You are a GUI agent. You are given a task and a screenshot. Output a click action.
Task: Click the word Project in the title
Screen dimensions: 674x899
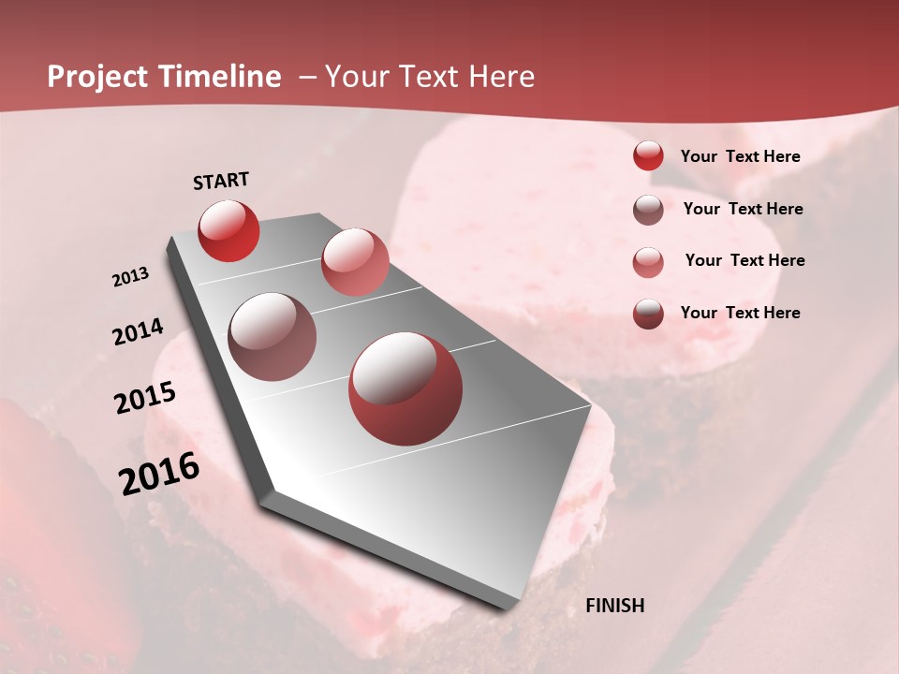coord(98,78)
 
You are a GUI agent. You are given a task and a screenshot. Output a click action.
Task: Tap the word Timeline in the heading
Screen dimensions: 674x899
coord(220,77)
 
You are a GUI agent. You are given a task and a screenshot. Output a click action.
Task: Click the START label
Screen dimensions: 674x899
coord(221,181)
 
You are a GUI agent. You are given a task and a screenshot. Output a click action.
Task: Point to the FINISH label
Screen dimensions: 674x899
coord(614,606)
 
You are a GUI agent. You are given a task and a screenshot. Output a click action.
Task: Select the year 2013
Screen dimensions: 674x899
coord(131,277)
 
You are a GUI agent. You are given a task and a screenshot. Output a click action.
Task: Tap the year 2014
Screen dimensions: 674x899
coord(138,331)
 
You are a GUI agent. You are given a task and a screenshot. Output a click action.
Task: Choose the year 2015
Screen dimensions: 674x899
coord(145,398)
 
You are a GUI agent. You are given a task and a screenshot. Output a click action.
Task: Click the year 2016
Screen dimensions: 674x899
coord(159,474)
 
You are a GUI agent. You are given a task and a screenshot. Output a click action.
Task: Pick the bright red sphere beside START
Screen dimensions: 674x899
coord(228,230)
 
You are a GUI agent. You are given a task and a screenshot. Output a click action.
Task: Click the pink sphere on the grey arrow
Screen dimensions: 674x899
coord(355,262)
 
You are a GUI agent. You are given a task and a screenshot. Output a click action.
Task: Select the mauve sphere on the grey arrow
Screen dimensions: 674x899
coord(272,337)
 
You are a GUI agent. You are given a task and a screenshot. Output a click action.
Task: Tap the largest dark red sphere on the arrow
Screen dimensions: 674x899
coord(405,388)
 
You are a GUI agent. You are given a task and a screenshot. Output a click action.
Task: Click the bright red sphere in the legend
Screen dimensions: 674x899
coord(648,155)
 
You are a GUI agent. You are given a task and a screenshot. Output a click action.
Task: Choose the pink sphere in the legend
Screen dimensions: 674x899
coord(648,261)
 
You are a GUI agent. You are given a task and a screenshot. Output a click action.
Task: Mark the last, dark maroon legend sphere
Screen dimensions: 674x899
coord(648,313)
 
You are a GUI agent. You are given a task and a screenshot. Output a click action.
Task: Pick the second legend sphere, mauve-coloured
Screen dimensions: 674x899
coord(648,210)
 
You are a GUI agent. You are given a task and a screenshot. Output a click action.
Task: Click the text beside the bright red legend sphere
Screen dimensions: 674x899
coord(740,156)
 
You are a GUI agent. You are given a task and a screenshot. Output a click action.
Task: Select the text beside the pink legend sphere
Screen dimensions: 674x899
coord(744,260)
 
